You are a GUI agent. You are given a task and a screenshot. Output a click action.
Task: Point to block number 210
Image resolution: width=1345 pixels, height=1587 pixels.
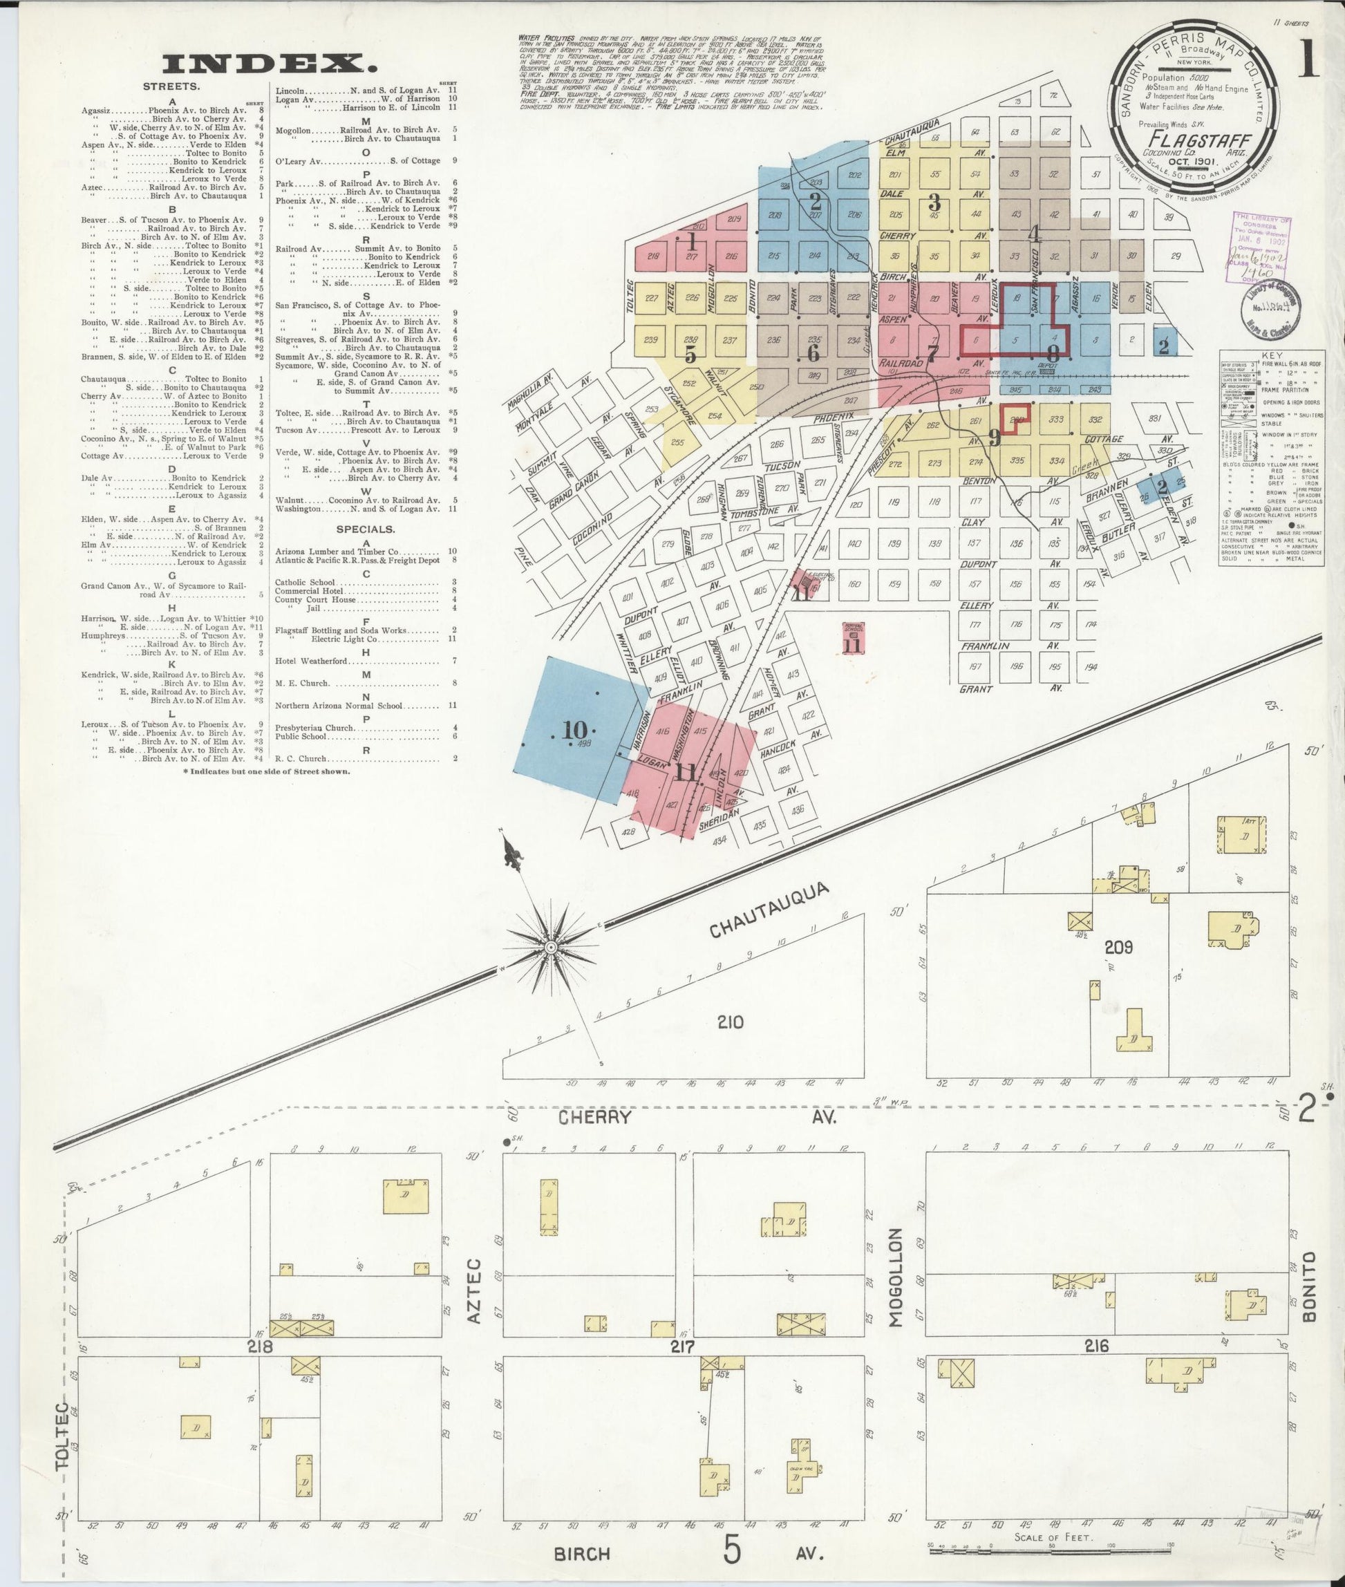pos(730,1022)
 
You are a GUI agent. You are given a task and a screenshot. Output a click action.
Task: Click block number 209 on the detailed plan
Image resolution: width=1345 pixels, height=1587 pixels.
pos(1118,947)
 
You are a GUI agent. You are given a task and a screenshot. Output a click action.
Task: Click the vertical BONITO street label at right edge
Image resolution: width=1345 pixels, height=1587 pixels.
pos(1310,1275)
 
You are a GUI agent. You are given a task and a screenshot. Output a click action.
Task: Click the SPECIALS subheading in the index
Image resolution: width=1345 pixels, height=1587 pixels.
pos(367,529)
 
